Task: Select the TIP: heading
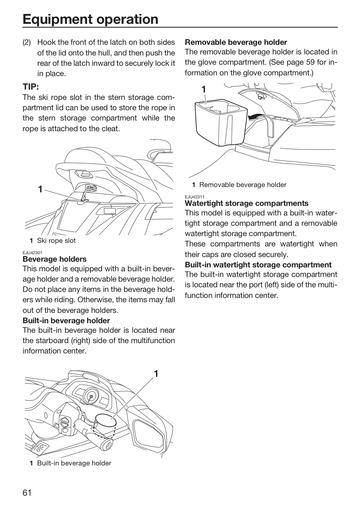coord(31,87)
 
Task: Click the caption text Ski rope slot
coord(56,240)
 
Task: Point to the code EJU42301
coord(32,252)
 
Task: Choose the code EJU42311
coord(195,197)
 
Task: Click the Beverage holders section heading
coord(55,259)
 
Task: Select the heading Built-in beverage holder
coord(66,320)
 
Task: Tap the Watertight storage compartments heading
coord(247,203)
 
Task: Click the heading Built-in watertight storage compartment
coord(258,265)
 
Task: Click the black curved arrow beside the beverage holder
coord(255,117)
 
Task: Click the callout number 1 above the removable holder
coord(204,89)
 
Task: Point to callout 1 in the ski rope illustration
coord(40,189)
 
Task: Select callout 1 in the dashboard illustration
coord(156,374)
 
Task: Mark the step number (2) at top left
coord(27,42)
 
